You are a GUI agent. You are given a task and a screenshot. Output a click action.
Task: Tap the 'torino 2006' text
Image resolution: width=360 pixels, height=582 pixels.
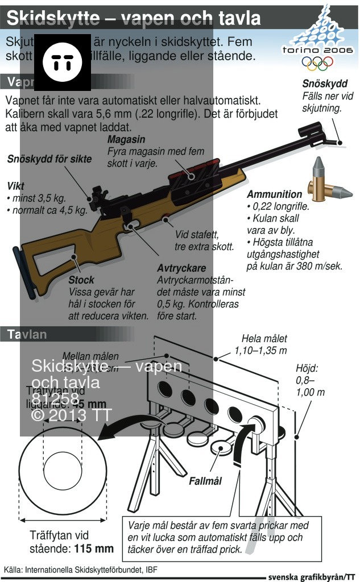(317, 50)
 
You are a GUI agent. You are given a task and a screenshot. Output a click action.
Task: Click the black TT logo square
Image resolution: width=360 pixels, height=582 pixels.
(67, 63)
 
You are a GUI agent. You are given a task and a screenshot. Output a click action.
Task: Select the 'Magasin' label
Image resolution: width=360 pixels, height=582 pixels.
(126, 139)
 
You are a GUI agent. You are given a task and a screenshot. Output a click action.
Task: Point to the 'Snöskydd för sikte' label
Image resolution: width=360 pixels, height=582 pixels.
(49, 159)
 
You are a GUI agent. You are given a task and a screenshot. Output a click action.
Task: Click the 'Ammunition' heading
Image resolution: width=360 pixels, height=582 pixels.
(275, 194)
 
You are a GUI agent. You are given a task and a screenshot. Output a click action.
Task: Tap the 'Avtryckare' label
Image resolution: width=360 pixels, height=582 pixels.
(181, 268)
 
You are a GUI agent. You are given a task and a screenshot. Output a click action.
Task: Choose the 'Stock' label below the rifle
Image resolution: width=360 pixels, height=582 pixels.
(81, 280)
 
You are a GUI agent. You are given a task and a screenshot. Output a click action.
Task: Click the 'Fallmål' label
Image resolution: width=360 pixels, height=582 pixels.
(205, 481)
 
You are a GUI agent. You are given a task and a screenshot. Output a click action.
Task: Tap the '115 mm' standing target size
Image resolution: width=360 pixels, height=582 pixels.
(94, 549)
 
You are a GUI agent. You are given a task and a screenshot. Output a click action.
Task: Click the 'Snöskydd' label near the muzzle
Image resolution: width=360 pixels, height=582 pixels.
(325, 84)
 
